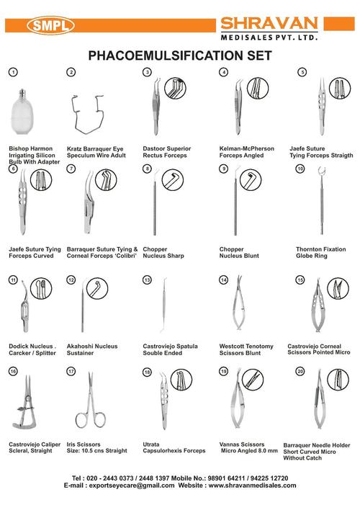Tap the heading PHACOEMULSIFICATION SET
[x=179, y=55]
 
